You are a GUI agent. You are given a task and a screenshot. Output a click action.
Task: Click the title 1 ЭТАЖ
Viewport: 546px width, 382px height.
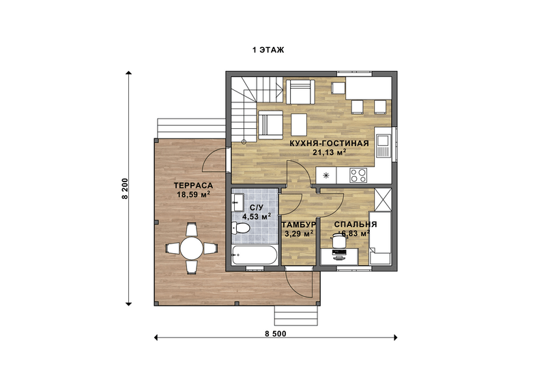pos(268,50)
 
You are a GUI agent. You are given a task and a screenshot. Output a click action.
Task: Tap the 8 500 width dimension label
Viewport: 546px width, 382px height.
pos(276,334)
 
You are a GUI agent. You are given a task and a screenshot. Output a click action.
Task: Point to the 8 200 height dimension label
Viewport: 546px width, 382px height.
pos(125,188)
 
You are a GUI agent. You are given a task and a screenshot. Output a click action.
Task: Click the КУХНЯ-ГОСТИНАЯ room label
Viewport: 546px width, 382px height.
pos(329,143)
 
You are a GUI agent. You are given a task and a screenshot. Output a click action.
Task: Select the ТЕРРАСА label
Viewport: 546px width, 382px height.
pos(193,186)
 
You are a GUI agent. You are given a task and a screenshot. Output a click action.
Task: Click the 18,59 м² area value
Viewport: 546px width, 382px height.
pos(193,194)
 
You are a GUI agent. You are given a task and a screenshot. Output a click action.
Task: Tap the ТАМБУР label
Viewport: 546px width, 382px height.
pos(299,224)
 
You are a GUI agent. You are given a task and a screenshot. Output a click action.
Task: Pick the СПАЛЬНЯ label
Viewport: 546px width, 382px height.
pos(355,224)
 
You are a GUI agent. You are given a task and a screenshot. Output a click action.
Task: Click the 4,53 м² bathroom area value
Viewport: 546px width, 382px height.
pos(257,216)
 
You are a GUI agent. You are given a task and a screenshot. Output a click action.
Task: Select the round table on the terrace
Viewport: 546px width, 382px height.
pos(191,248)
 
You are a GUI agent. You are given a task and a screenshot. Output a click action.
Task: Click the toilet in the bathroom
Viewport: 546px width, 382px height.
pos(241,229)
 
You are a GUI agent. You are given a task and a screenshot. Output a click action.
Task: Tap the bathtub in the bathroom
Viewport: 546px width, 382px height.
pos(255,255)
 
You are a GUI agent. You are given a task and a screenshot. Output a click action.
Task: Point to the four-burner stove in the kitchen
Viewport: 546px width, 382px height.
pos(358,175)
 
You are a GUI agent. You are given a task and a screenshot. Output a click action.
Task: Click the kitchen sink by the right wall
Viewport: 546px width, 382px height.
pos(383,145)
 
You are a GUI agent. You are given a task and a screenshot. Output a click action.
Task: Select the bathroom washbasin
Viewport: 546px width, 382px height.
pos(238,203)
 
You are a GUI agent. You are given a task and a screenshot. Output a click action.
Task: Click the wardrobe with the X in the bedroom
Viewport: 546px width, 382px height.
pos(383,199)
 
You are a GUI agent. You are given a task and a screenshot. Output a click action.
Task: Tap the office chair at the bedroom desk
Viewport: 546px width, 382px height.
pos(338,240)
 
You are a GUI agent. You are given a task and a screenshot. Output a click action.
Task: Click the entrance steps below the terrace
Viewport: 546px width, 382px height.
pos(296,316)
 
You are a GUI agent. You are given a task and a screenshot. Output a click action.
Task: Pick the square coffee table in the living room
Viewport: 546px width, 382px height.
pos(299,125)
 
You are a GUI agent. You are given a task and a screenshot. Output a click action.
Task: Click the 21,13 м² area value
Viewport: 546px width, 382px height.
pos(329,152)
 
